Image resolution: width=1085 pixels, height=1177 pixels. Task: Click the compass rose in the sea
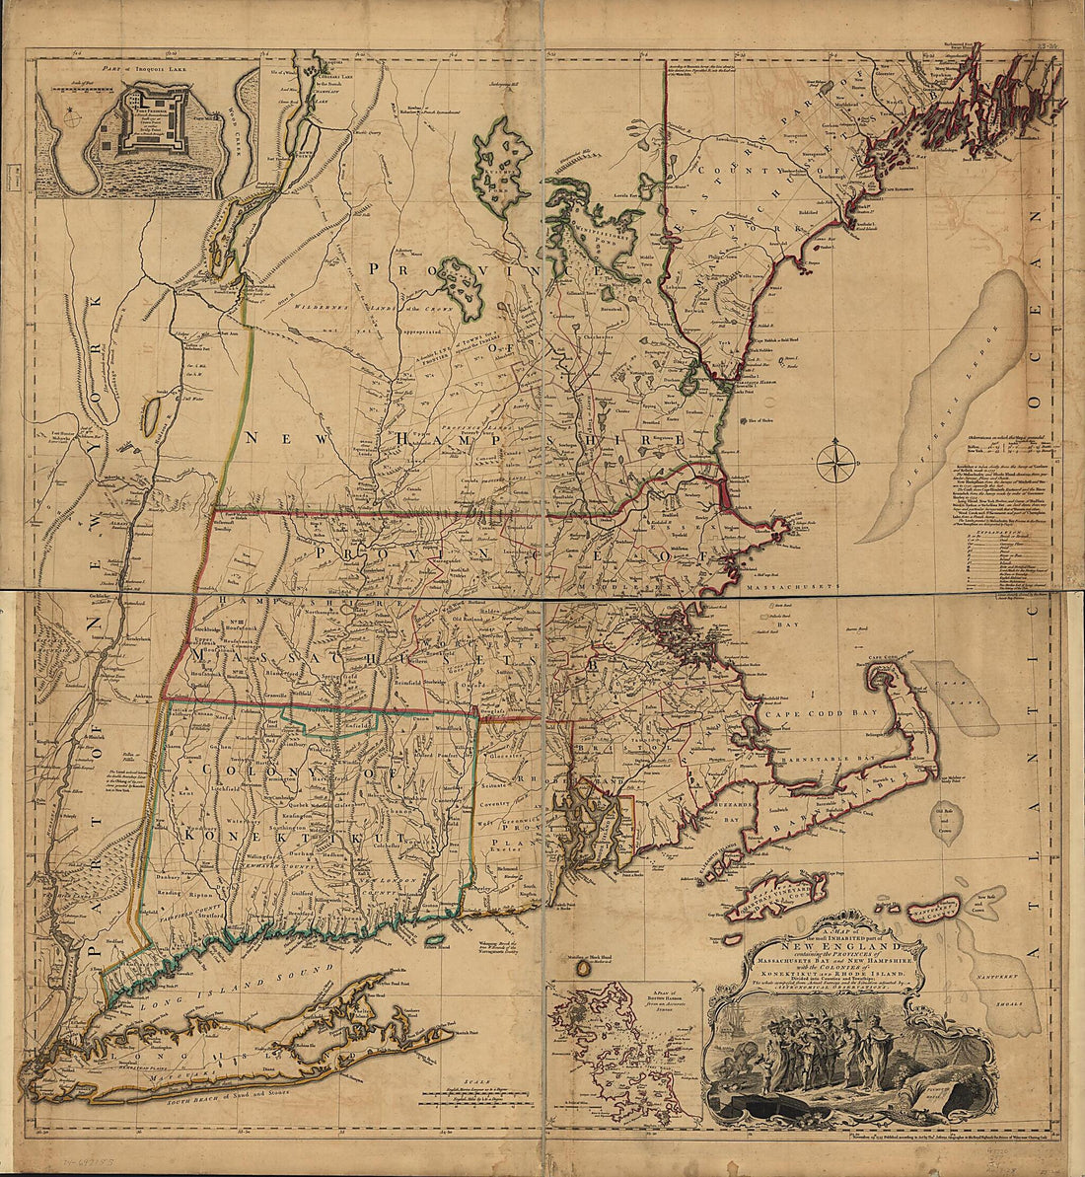click(836, 461)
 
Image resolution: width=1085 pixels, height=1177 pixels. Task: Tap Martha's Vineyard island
click(789, 894)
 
